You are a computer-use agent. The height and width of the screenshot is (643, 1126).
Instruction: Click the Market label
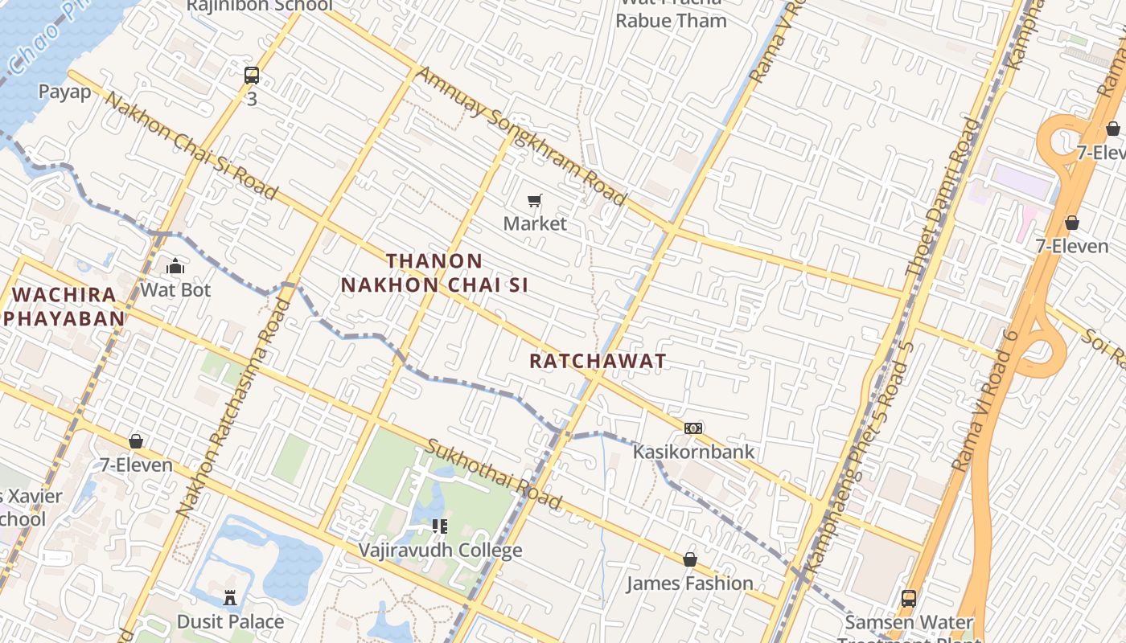pyautogui.click(x=535, y=223)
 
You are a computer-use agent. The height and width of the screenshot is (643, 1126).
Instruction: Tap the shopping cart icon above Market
pyautogui.click(x=535, y=200)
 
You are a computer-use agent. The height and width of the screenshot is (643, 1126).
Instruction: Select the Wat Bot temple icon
pyautogui.click(x=175, y=266)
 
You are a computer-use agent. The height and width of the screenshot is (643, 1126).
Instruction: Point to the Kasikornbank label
pyautogui.click(x=693, y=452)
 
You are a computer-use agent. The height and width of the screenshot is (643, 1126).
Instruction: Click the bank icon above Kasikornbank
pyautogui.click(x=693, y=428)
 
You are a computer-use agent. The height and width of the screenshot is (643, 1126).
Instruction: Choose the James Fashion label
pyautogui.click(x=689, y=583)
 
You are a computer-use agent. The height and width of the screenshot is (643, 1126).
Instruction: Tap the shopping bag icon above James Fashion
pyautogui.click(x=689, y=559)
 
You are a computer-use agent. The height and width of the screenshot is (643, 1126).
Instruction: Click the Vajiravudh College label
pyautogui.click(x=440, y=551)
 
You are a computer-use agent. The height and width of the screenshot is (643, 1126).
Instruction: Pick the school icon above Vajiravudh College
pyautogui.click(x=440, y=526)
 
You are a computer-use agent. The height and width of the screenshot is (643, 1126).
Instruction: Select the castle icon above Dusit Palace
pyautogui.click(x=230, y=598)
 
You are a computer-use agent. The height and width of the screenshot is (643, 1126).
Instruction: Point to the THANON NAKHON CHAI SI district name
pyautogui.click(x=434, y=273)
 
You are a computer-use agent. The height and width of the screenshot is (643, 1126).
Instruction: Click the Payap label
pyautogui.click(x=65, y=92)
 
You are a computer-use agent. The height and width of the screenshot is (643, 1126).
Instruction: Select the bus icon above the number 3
pyautogui.click(x=252, y=76)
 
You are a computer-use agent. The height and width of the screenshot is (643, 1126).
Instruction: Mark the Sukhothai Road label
pyautogui.click(x=493, y=474)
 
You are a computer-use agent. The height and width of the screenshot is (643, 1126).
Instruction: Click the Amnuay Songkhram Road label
pyautogui.click(x=520, y=135)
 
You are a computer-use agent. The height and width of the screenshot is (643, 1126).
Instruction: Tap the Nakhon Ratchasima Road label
pyautogui.click(x=232, y=406)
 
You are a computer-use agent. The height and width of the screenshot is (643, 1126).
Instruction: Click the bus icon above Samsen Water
pyautogui.click(x=909, y=598)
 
